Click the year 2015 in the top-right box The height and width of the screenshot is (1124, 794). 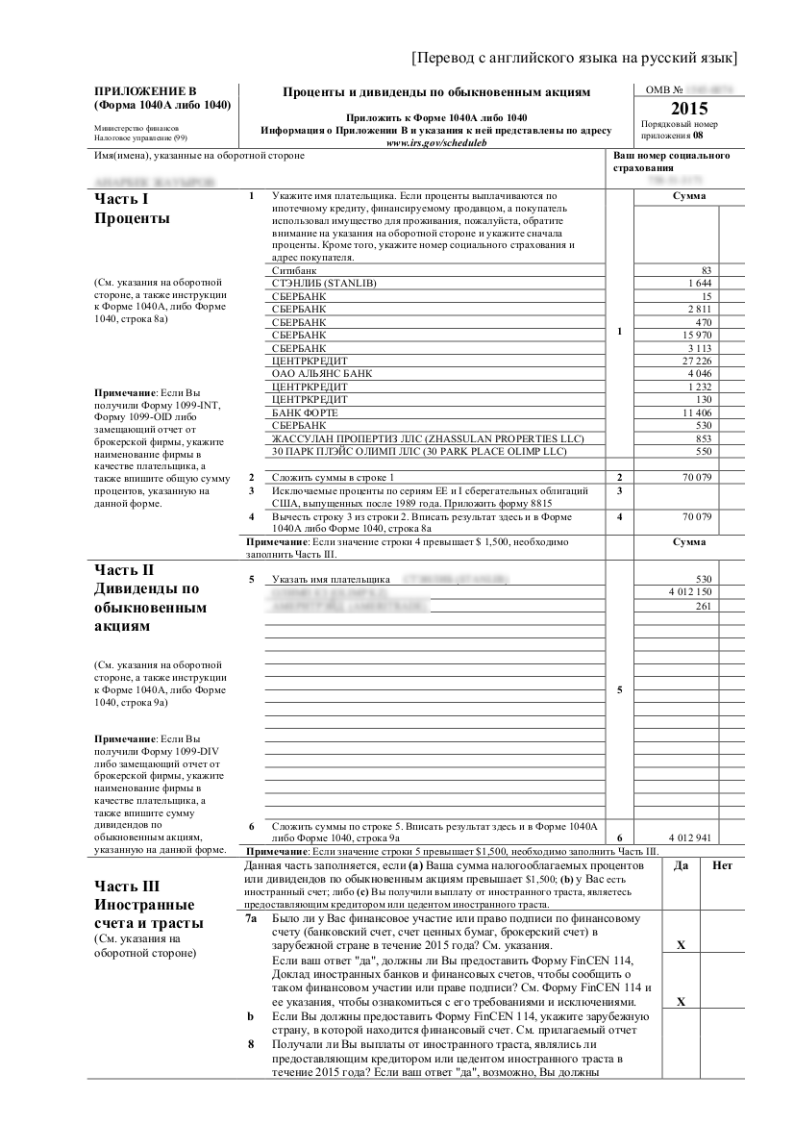(688, 109)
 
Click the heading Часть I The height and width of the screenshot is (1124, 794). (121, 199)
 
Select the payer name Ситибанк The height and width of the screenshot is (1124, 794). (294, 271)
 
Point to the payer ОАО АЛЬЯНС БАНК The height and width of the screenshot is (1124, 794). (322, 372)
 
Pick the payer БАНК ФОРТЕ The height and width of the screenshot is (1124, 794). (305, 412)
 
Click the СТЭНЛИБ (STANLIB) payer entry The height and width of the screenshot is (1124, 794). (324, 284)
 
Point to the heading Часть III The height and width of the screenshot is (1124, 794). (127, 887)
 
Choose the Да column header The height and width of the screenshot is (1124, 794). (681, 866)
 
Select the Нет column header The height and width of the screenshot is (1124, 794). (722, 866)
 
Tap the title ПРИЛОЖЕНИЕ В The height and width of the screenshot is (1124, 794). (139, 90)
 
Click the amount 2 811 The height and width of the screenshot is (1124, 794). (698, 309)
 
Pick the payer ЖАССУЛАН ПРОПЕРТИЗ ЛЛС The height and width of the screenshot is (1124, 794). (356, 437)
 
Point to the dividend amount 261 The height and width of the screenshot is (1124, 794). (703, 606)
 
